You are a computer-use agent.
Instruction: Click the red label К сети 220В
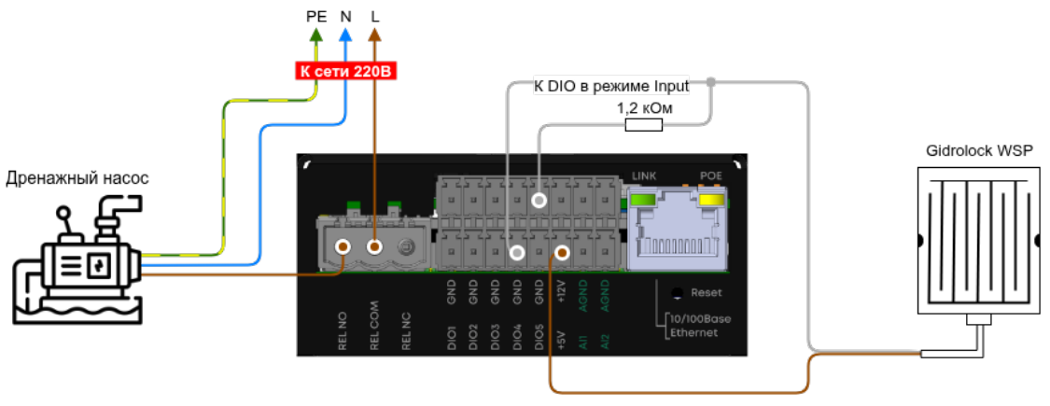click(x=346, y=72)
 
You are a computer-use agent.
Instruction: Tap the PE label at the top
click(x=316, y=17)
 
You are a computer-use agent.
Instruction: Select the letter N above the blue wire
click(x=345, y=17)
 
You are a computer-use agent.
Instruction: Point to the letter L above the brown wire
click(x=375, y=17)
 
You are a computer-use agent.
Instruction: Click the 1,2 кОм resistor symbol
click(x=643, y=125)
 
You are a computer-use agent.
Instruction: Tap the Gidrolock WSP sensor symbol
click(x=978, y=240)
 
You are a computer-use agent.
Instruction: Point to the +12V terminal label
click(x=561, y=293)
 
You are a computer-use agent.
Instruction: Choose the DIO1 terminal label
click(x=452, y=337)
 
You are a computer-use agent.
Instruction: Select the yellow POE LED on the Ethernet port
click(x=710, y=200)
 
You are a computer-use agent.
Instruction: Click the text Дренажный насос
click(x=77, y=178)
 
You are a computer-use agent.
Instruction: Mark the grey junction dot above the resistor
click(x=710, y=82)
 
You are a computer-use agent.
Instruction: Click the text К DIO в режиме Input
click(x=611, y=87)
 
